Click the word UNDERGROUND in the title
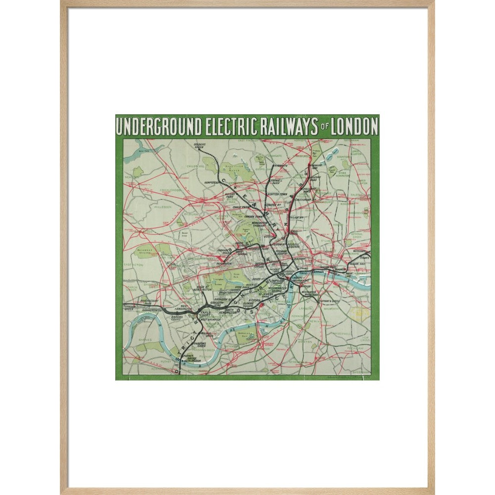click(159, 127)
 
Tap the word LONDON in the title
click(354, 127)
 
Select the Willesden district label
click(163, 207)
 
